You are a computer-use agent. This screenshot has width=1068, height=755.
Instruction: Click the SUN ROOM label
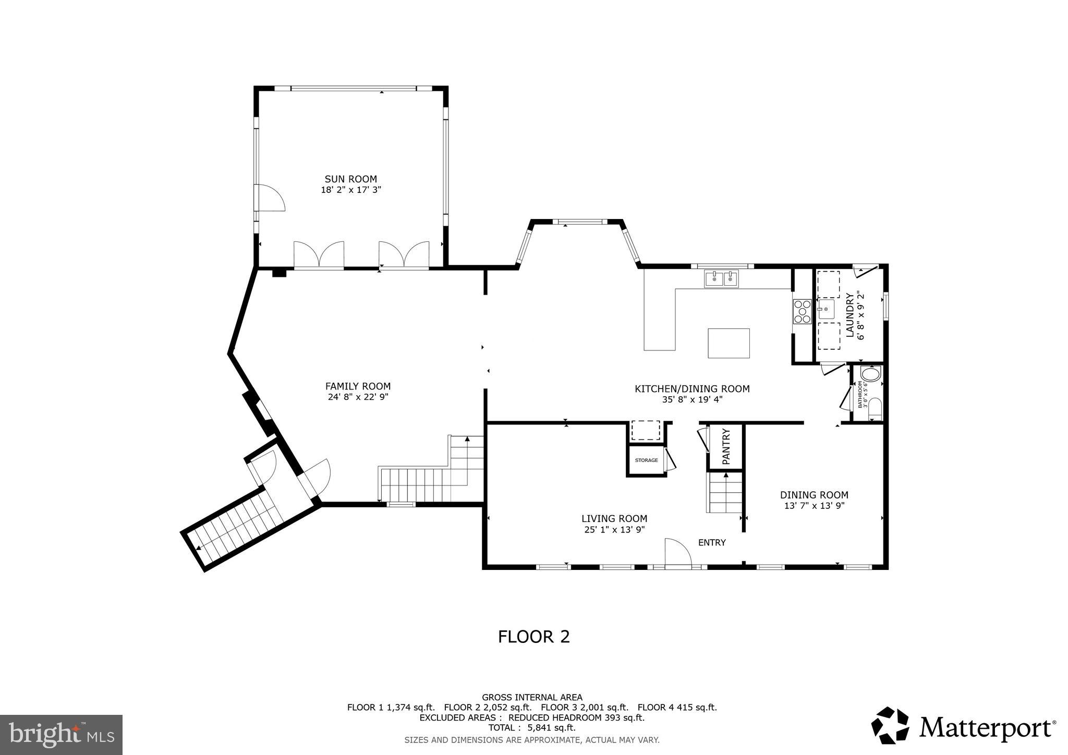(350, 179)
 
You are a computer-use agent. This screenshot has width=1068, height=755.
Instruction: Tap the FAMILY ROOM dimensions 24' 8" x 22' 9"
(358, 397)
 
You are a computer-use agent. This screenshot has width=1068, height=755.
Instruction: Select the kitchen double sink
(722, 279)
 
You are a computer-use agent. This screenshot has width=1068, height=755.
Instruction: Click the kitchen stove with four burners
(802, 311)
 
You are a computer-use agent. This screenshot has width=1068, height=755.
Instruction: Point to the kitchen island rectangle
(729, 343)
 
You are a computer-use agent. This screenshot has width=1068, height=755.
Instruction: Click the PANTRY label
(726, 447)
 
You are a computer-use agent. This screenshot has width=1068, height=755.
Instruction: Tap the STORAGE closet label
(646, 460)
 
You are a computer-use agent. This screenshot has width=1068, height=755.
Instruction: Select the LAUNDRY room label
(849, 315)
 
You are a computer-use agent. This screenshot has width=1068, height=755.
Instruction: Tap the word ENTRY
(712, 543)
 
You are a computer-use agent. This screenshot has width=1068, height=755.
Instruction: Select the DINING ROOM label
(814, 495)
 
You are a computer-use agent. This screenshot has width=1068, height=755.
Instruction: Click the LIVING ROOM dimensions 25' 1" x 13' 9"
(614, 530)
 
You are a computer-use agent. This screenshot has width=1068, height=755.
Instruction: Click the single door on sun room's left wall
(270, 198)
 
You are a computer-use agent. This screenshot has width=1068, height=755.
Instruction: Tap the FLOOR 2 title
(533, 637)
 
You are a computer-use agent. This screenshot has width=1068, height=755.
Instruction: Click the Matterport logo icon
(892, 725)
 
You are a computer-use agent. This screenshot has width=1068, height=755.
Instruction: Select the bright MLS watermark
(61, 735)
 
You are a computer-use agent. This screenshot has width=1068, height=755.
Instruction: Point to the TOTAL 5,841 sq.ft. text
(532, 728)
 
